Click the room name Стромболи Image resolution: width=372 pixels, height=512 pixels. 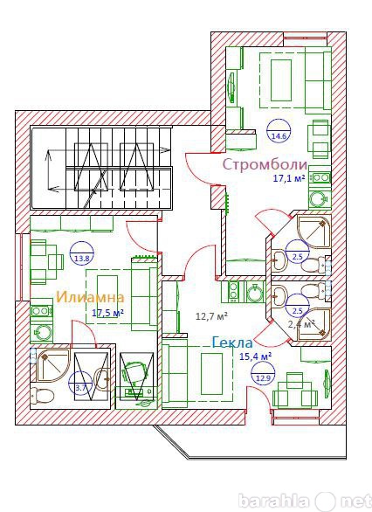[x=265, y=164]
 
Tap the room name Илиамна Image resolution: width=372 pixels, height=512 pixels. [x=91, y=297]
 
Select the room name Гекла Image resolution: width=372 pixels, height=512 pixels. [x=232, y=342]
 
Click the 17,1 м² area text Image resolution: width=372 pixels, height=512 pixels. [x=288, y=178]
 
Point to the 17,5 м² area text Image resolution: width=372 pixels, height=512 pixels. [x=107, y=313]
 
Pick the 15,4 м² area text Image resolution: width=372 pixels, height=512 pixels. [x=256, y=356]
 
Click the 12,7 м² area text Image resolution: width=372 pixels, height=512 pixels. [x=211, y=315]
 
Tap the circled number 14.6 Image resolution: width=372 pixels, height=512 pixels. [x=279, y=130]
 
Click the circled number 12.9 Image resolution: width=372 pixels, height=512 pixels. [x=263, y=374]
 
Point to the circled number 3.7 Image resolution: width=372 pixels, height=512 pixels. [x=80, y=383]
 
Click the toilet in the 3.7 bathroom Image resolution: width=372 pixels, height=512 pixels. [x=41, y=396]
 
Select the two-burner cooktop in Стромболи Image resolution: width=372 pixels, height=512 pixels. [x=320, y=177]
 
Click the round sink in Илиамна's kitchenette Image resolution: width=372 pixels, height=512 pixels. [x=42, y=332]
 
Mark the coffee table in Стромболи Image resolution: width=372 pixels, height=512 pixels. [x=281, y=80]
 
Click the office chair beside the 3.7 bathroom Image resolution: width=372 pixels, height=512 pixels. [x=134, y=372]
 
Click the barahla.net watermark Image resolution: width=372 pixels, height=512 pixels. [x=305, y=501]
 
